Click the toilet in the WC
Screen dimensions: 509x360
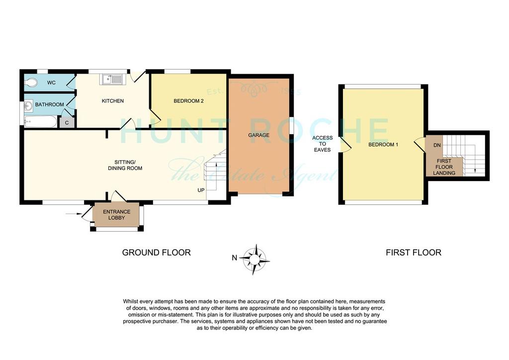click(31, 83)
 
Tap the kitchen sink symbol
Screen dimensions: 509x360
click(111, 79)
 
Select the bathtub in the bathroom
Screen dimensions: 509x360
click(41, 122)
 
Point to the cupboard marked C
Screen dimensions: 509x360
click(67, 122)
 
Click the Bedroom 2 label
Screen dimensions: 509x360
click(188, 101)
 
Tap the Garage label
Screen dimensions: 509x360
click(258, 135)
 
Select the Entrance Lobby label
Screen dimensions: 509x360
click(116, 215)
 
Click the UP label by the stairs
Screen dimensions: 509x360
click(201, 190)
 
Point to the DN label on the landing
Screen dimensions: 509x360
click(437, 145)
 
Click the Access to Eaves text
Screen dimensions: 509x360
click(322, 144)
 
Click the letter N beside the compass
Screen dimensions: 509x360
click(235, 258)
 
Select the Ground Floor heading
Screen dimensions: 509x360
click(156, 253)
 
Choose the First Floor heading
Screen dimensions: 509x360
click(413, 253)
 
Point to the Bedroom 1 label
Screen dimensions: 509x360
click(383, 145)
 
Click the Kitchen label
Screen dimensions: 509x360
click(113, 101)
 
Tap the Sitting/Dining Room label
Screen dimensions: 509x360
click(125, 165)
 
